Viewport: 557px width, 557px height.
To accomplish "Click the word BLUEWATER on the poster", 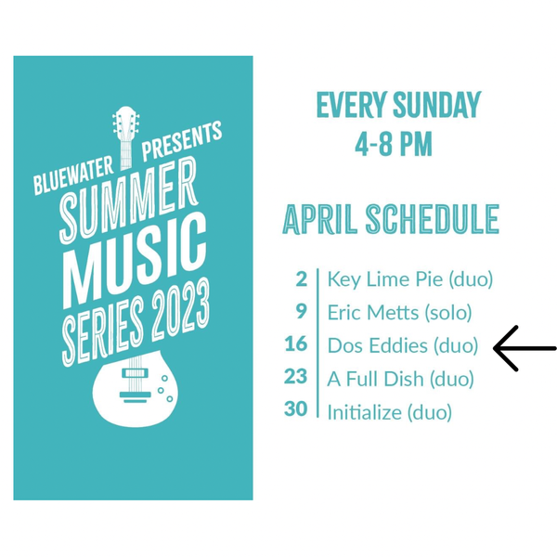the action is click(x=73, y=175).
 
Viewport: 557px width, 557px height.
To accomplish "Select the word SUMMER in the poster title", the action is click(x=129, y=200).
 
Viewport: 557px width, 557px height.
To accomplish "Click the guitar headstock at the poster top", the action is click(x=126, y=136).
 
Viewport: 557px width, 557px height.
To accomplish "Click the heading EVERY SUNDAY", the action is click(x=398, y=105).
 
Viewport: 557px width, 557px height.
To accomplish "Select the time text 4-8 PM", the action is click(x=394, y=144).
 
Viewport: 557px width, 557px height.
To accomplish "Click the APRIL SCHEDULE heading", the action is click(x=391, y=219).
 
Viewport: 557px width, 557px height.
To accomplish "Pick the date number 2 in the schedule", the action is click(x=301, y=279).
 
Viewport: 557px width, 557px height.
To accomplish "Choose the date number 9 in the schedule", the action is click(x=301, y=312).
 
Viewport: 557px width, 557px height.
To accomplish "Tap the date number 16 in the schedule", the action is click(x=295, y=343).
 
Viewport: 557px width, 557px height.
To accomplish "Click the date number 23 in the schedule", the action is click(x=295, y=376).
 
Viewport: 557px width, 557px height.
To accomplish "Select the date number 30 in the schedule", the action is click(x=295, y=408).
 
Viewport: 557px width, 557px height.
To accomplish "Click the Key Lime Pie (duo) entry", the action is click(x=410, y=280).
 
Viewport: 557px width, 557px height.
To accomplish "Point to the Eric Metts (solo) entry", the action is click(x=399, y=313).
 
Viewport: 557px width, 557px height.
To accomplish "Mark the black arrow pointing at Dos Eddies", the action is click(x=525, y=348).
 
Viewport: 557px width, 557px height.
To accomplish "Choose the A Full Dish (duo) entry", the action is click(x=401, y=379).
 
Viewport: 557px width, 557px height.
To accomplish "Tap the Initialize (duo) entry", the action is click(x=390, y=412).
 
